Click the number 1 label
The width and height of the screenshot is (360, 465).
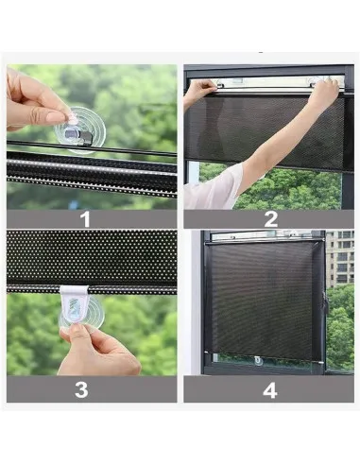click(x=85, y=219)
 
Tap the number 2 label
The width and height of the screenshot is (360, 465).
click(x=271, y=219)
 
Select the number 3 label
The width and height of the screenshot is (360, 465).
click(x=81, y=389)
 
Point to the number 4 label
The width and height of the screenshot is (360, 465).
click(x=270, y=390)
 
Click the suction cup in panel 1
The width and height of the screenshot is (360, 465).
click(x=80, y=129)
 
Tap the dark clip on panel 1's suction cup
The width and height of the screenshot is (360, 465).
click(x=77, y=136)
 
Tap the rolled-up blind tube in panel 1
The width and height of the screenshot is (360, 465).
click(x=92, y=173)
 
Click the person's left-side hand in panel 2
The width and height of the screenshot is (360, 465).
click(x=201, y=89)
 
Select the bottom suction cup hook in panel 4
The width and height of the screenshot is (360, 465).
click(x=258, y=361)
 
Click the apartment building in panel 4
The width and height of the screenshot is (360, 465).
click(x=340, y=259)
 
